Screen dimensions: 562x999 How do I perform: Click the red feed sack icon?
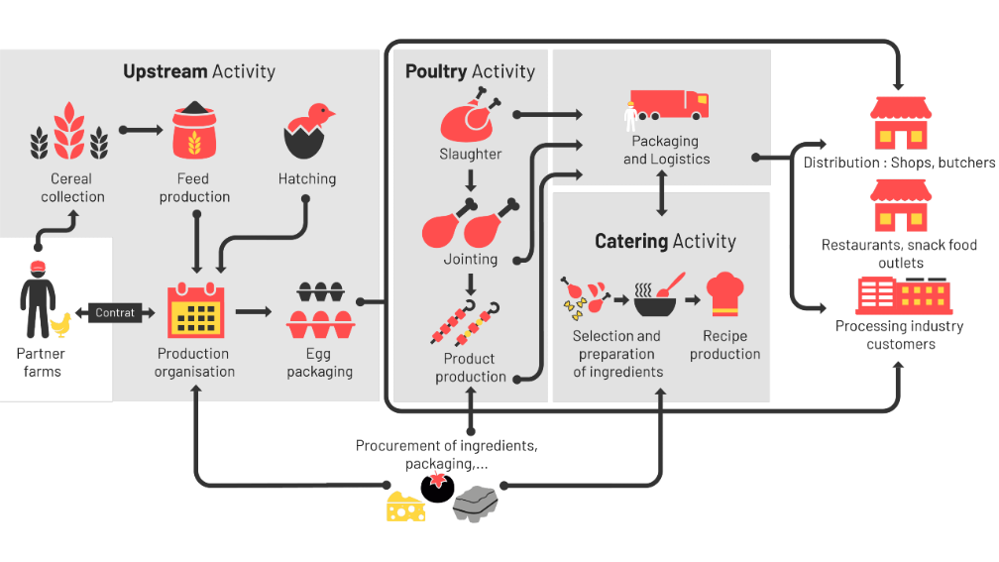pos(194,130)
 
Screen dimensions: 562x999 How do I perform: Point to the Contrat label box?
pos(115,313)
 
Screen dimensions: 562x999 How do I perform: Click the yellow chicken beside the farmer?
pos(62,324)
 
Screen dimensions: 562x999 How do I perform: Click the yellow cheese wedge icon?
pos(405,506)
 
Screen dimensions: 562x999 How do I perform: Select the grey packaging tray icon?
pos(476,504)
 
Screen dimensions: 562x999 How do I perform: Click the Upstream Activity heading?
pos(199,71)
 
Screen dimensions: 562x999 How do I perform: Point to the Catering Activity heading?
pos(665,241)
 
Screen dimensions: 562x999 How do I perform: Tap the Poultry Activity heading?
pos(470,71)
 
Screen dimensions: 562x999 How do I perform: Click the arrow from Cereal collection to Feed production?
pos(140,130)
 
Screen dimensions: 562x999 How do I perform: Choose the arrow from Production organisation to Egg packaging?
pos(254,311)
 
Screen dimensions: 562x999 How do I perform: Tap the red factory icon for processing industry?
pos(903,294)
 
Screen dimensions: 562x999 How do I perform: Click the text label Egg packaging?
pos(320,363)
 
